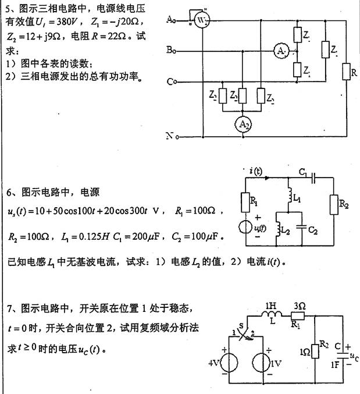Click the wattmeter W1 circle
(x=202, y=22)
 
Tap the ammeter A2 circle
(x=240, y=123)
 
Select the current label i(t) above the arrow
(x=255, y=170)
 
